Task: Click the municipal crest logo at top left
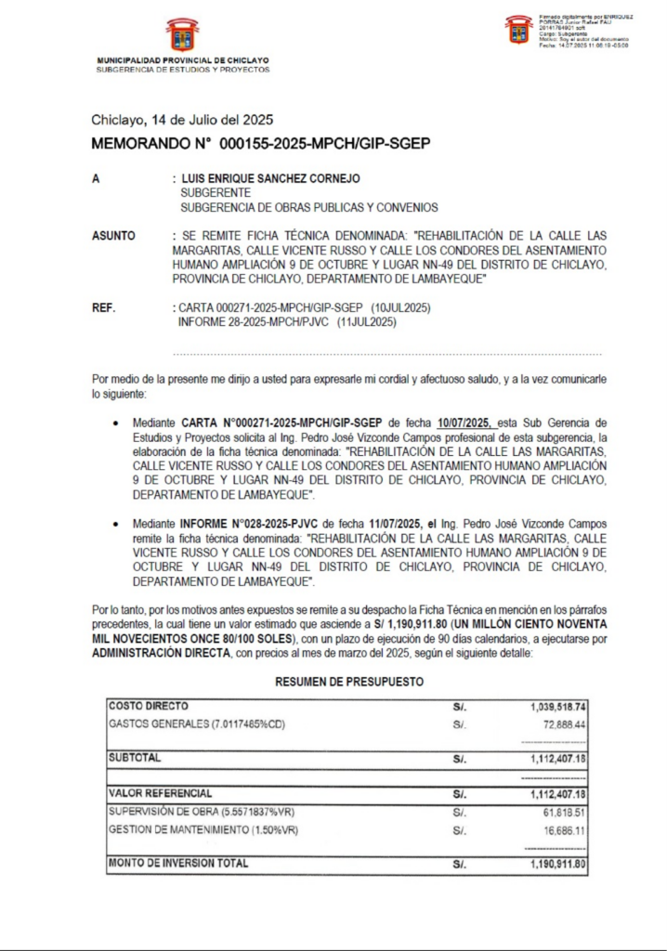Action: [182, 35]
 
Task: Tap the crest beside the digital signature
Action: [518, 29]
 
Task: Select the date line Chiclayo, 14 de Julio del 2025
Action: [182, 120]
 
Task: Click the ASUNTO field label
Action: [113, 236]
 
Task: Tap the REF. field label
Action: [104, 307]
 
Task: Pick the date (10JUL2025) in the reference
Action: [400, 307]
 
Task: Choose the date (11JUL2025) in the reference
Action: [367, 322]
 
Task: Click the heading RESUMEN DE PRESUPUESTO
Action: [349, 682]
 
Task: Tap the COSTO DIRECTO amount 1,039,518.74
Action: [553, 707]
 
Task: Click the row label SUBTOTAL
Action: [135, 758]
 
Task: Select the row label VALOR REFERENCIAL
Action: [160, 794]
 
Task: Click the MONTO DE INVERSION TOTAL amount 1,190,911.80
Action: [553, 864]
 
